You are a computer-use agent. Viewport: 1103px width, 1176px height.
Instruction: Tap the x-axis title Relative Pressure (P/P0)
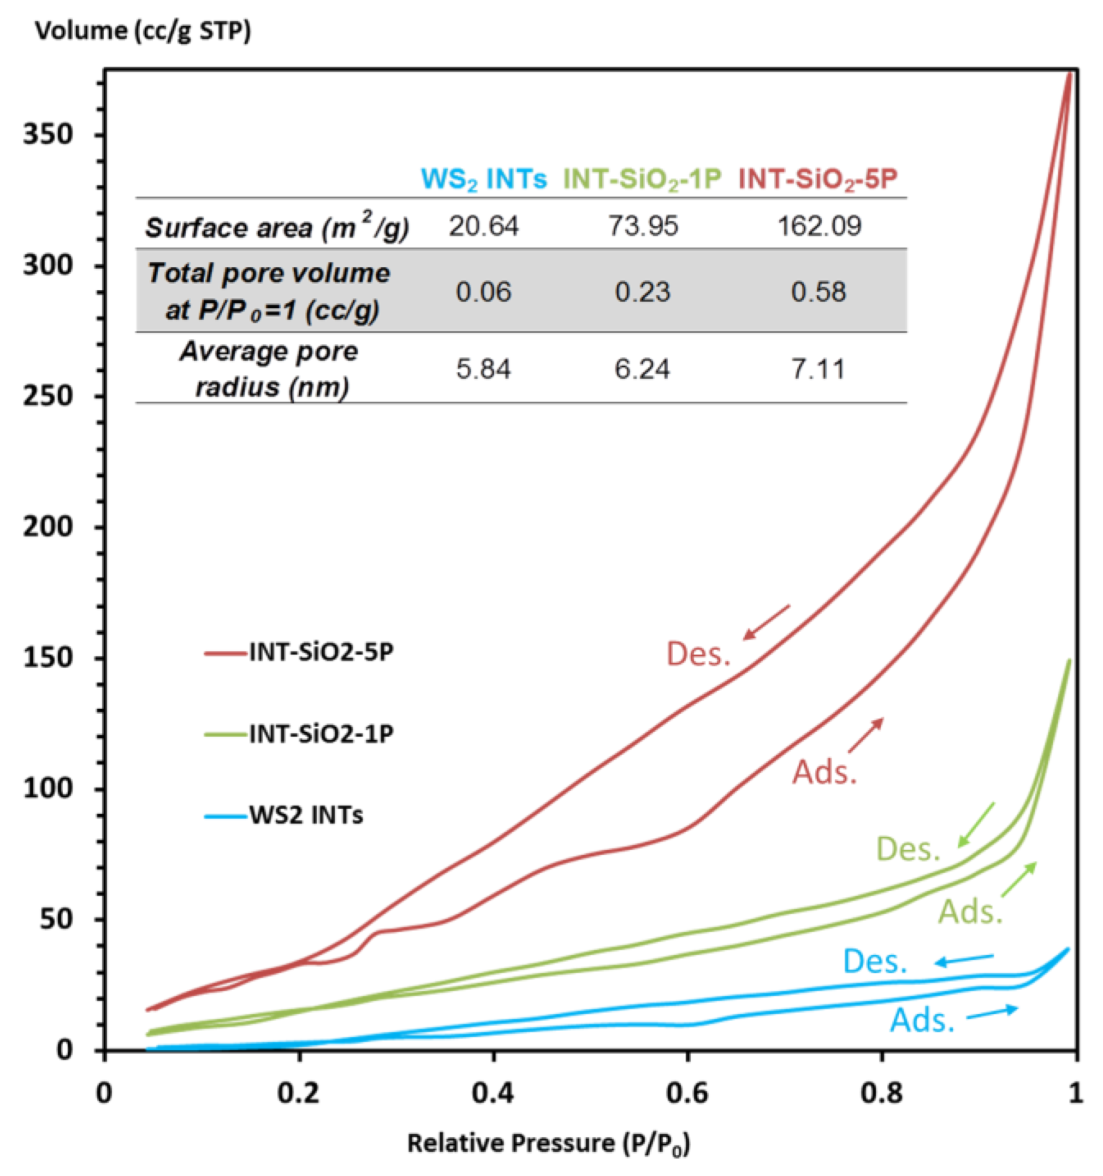[549, 1143]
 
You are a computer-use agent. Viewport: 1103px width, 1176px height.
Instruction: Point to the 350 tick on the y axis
[48, 135]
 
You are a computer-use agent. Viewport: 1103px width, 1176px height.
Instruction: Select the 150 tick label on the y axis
[48, 658]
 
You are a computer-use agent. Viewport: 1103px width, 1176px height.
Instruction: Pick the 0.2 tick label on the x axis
[298, 1093]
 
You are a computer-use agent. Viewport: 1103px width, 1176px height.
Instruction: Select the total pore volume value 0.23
[643, 292]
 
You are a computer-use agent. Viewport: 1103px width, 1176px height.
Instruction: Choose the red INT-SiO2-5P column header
[819, 178]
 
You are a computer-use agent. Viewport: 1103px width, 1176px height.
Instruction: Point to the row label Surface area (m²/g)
[277, 227]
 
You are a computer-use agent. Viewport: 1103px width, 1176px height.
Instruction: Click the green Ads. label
[971, 912]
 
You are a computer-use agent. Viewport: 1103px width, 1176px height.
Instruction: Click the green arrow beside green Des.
[976, 824]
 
